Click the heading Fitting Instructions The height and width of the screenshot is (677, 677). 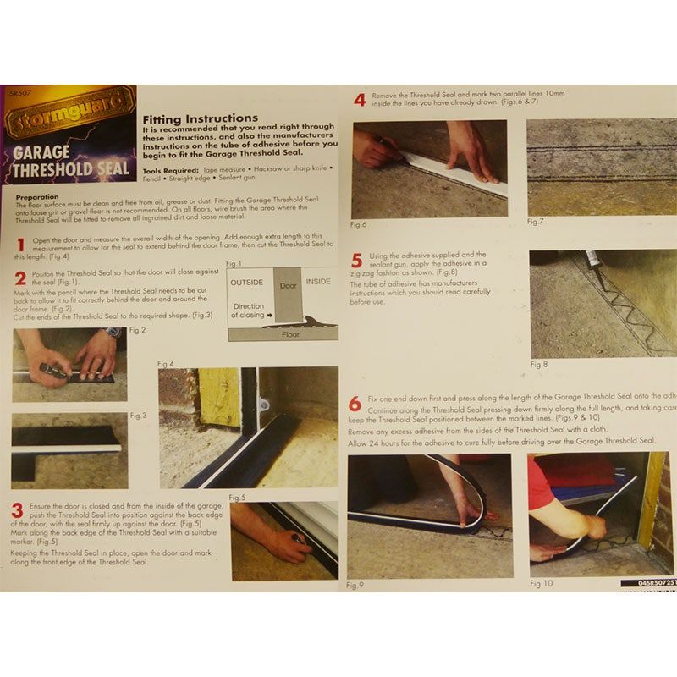coord(200,118)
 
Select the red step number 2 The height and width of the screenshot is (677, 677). coord(20,279)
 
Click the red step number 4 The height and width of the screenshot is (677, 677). coord(359,101)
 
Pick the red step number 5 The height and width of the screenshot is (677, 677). coord(358,260)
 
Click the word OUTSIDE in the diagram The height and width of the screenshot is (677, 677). coord(246,281)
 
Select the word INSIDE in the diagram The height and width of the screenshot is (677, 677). coord(318,281)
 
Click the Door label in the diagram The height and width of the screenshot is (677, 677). coord(288,286)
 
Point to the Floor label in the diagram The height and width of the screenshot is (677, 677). coord(290,334)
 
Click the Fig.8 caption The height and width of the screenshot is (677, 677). coord(539,365)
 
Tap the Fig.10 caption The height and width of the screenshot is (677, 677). coord(542,583)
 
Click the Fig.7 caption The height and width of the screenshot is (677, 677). coord(536,222)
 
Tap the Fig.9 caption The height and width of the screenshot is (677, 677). coord(355,584)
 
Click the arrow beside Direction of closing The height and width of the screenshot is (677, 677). coord(269,316)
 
